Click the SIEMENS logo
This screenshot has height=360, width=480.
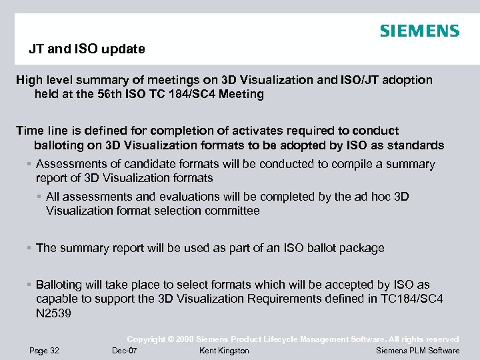pyautogui.click(x=419, y=31)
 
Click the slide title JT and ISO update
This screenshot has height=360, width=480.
pyautogui.click(x=86, y=49)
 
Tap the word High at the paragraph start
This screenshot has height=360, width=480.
pyautogui.click(x=29, y=80)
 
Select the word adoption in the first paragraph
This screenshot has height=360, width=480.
pyautogui.click(x=407, y=80)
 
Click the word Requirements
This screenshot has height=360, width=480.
pyautogui.click(x=289, y=298)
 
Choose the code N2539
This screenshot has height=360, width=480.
pyautogui.click(x=54, y=312)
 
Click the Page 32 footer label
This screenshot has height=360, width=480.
pyautogui.click(x=44, y=351)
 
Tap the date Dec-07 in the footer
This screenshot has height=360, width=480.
pyautogui.click(x=125, y=351)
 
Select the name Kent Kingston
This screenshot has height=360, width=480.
pyautogui.click(x=224, y=351)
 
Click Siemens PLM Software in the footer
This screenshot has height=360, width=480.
pyautogui.click(x=417, y=351)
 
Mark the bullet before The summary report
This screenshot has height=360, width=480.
pyautogui.click(x=29, y=248)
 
